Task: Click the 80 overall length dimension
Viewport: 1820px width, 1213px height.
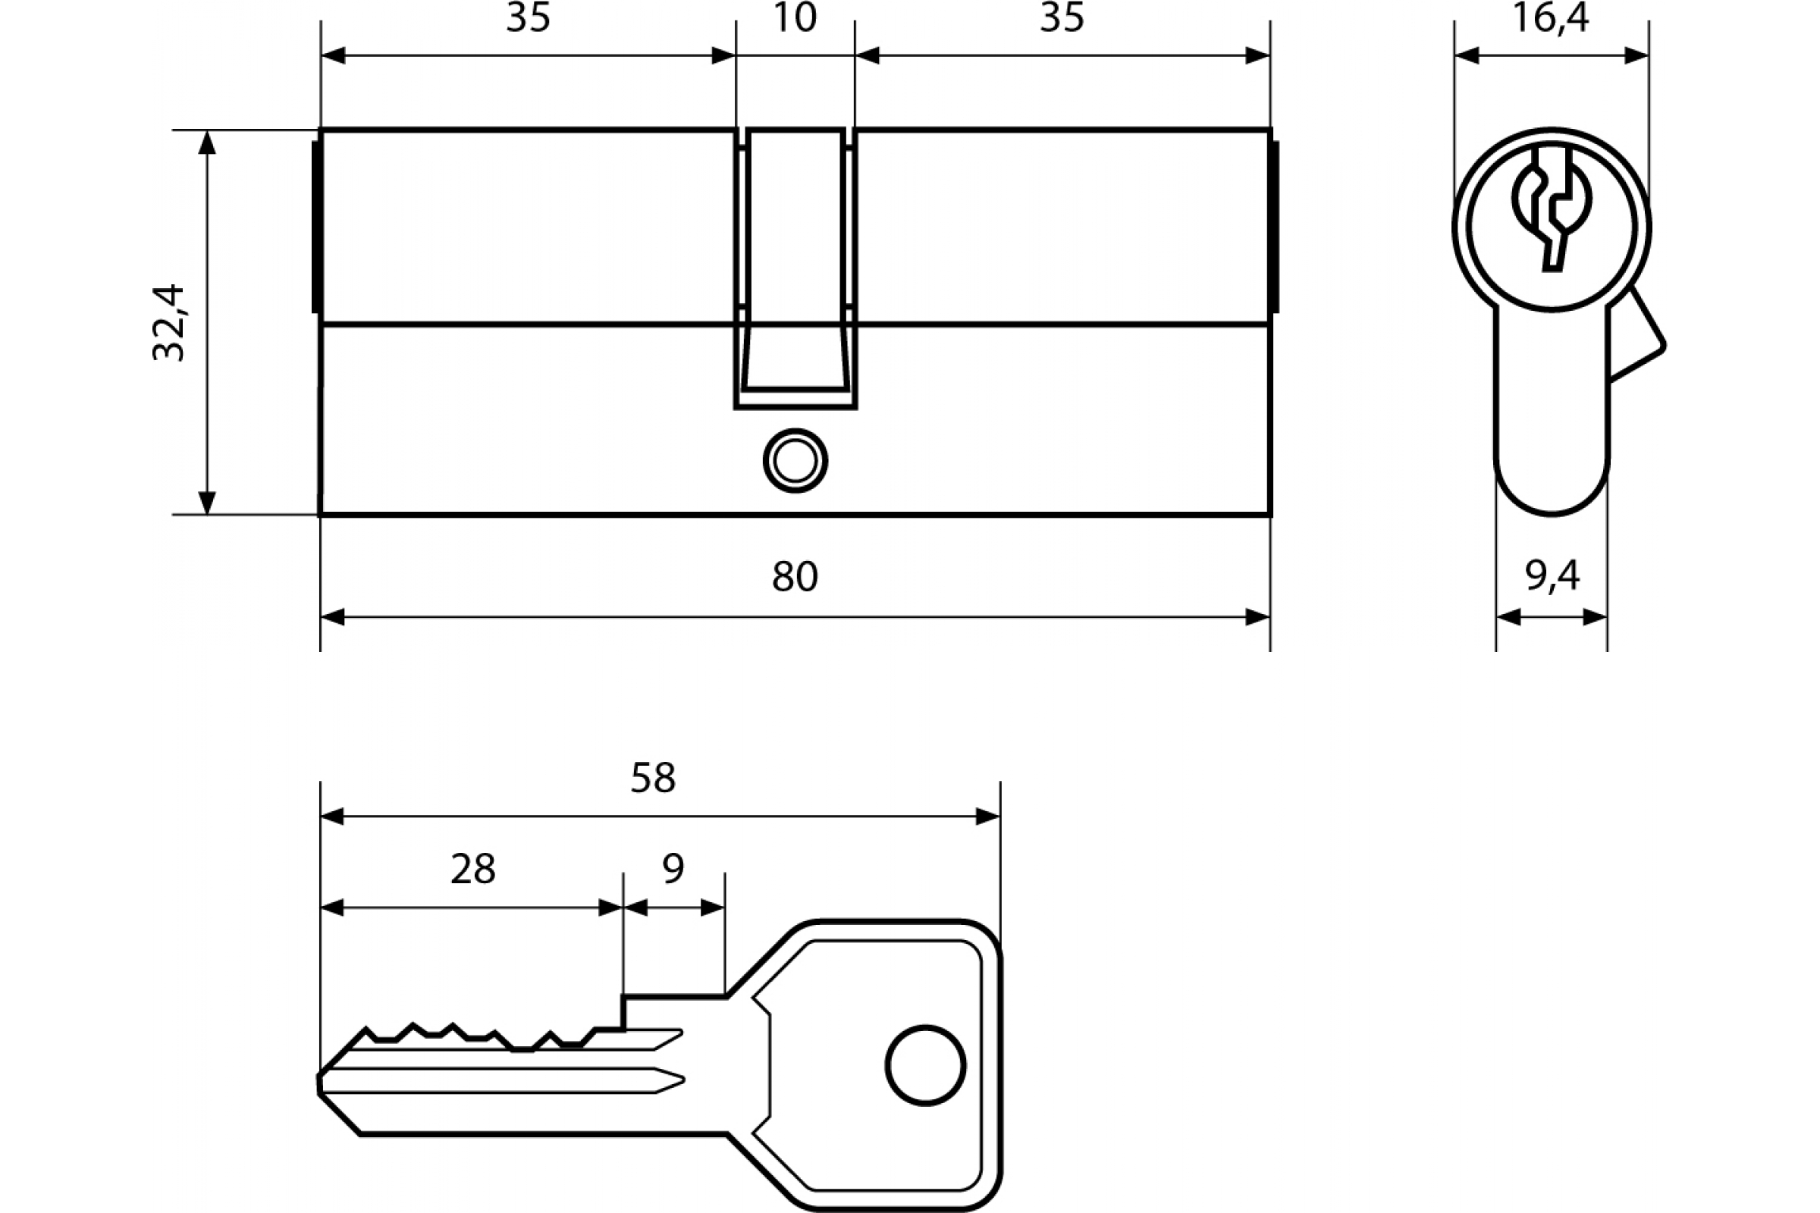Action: [x=795, y=577]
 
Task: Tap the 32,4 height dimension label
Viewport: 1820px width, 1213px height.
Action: [x=168, y=323]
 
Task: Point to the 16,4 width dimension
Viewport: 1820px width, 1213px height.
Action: [x=1551, y=17]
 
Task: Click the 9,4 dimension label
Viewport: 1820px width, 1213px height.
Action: [x=1552, y=575]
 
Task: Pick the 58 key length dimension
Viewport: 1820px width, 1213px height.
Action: [x=653, y=779]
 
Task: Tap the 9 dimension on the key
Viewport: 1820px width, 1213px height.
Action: [x=673, y=869]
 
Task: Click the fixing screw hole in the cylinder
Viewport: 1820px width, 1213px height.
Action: [x=795, y=461]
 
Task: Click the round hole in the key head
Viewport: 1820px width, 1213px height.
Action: [x=925, y=1066]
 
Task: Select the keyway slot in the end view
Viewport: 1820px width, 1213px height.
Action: [x=1552, y=209]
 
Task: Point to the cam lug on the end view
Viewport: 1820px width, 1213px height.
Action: [x=1636, y=334]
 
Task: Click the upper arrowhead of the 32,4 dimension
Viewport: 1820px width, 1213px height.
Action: [x=206, y=143]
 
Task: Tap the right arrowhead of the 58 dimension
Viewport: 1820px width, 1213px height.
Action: [x=988, y=817]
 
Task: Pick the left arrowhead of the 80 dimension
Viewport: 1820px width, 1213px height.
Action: [x=333, y=617]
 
